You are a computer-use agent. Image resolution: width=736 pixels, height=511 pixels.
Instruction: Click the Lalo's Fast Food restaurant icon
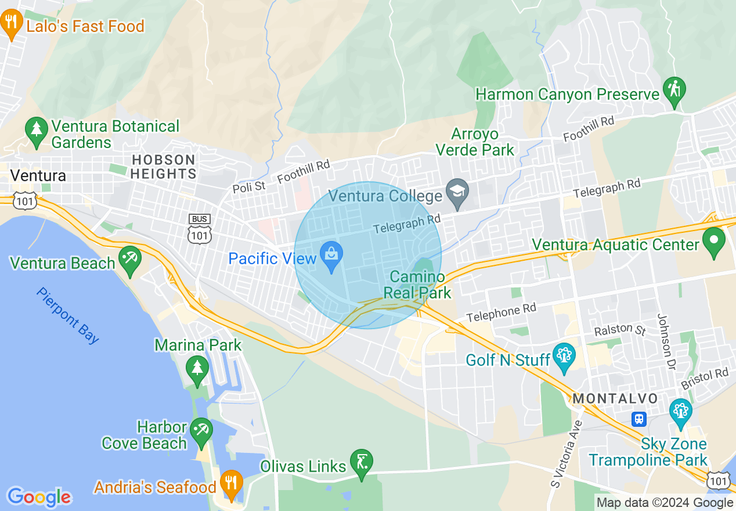click(10, 24)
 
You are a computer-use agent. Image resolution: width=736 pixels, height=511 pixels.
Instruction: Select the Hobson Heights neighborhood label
click(163, 167)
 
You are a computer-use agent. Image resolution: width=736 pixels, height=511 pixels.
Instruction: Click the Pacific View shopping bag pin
click(331, 257)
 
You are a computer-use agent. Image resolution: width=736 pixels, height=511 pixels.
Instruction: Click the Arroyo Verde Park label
click(475, 142)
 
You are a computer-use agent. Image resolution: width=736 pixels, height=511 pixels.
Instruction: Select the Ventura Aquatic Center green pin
click(713, 241)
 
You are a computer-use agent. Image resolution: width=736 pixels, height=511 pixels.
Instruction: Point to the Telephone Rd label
click(501, 313)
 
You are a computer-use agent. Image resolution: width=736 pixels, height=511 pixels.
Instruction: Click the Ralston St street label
click(620, 329)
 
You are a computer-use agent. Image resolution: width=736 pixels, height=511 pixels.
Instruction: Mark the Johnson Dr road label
click(666, 342)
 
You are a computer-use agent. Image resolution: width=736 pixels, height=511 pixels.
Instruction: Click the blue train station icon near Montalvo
click(639, 419)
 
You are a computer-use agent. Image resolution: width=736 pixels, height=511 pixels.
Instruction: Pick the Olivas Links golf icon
click(362, 463)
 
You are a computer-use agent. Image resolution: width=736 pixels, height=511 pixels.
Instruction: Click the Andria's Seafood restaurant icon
click(231, 484)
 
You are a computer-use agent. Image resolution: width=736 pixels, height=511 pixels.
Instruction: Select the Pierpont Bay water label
click(67, 315)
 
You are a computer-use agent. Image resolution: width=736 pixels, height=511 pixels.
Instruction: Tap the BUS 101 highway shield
click(199, 228)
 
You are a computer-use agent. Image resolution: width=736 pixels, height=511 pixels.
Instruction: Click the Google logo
click(39, 497)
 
